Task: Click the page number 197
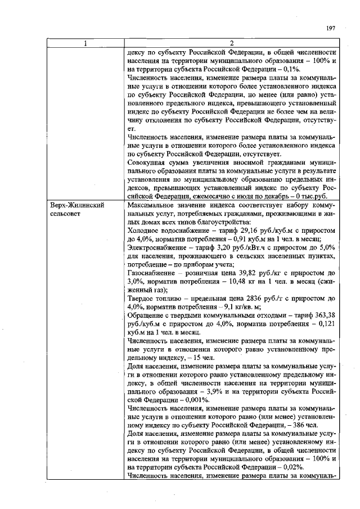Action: click(x=331, y=28)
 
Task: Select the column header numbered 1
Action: click(x=85, y=44)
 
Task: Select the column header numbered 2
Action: click(x=232, y=44)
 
